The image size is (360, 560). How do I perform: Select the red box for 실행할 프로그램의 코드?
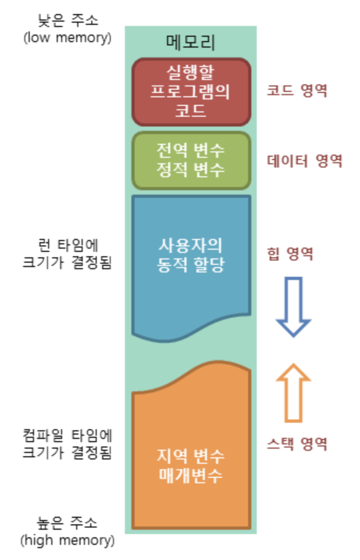click(x=191, y=91)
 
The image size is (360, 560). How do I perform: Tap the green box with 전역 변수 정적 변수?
click(x=191, y=160)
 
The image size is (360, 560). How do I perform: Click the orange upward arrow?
click(x=294, y=392)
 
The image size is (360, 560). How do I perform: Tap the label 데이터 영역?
click(x=304, y=161)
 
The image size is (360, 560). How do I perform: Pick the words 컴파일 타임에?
click(x=67, y=435)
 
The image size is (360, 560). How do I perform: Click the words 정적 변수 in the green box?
click(x=190, y=169)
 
